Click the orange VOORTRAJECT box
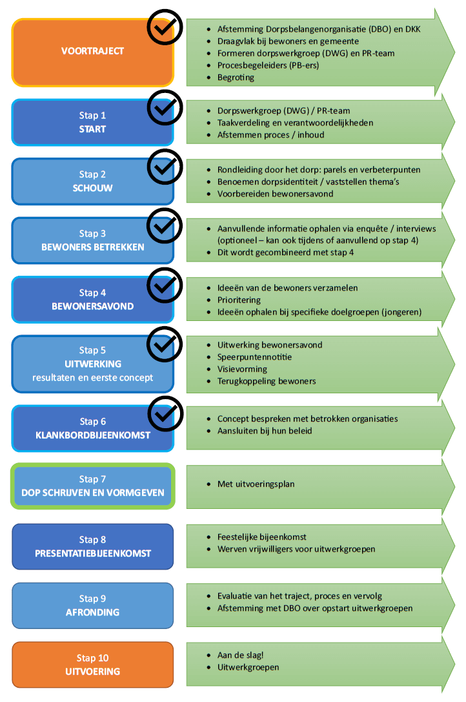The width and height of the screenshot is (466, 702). [x=93, y=52]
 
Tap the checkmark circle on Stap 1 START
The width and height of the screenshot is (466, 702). [x=165, y=108]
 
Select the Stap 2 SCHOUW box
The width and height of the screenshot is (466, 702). [x=93, y=181]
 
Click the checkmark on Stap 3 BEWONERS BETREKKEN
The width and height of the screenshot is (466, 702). [x=165, y=225]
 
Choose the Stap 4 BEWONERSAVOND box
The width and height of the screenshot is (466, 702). [x=93, y=300]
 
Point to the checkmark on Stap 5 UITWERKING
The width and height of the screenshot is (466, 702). [x=165, y=344]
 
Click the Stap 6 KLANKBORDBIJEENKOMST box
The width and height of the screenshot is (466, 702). [x=93, y=428]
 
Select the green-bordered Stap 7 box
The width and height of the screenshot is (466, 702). [x=93, y=486]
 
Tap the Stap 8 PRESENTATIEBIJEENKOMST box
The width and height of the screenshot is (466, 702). [x=93, y=546]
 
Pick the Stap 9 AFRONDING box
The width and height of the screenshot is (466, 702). [x=93, y=606]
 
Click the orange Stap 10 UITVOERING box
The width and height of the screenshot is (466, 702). [x=93, y=665]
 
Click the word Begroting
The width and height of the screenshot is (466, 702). [x=236, y=77]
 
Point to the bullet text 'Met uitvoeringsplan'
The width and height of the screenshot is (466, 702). [x=256, y=484]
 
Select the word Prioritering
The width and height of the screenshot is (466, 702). [x=239, y=300]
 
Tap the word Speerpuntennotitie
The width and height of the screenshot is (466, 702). [x=254, y=357]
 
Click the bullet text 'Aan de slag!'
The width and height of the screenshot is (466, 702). [x=240, y=655]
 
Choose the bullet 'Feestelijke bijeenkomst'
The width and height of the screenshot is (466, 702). [x=262, y=537]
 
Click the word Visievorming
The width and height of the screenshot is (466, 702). [x=242, y=369]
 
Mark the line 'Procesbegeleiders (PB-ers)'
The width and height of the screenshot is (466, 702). [x=268, y=65]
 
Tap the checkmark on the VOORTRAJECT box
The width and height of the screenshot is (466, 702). [x=165, y=27]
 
